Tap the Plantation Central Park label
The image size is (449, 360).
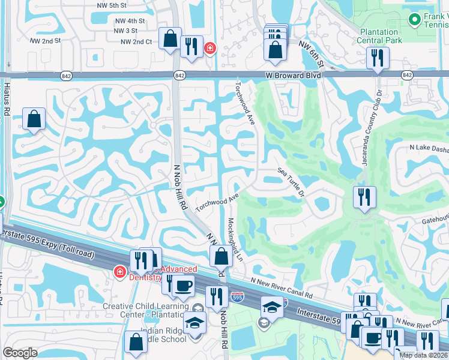tap(379, 36)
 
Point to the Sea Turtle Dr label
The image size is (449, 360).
tap(292, 182)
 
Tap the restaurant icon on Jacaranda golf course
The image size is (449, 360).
tap(364, 196)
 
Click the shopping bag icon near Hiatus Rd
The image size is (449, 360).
tap(34, 118)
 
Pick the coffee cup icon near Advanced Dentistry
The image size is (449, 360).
tap(184, 285)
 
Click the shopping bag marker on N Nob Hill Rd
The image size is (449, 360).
tap(221, 256)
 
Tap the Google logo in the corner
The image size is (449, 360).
tap(20, 353)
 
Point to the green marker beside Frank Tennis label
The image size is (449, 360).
tap(414, 20)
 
